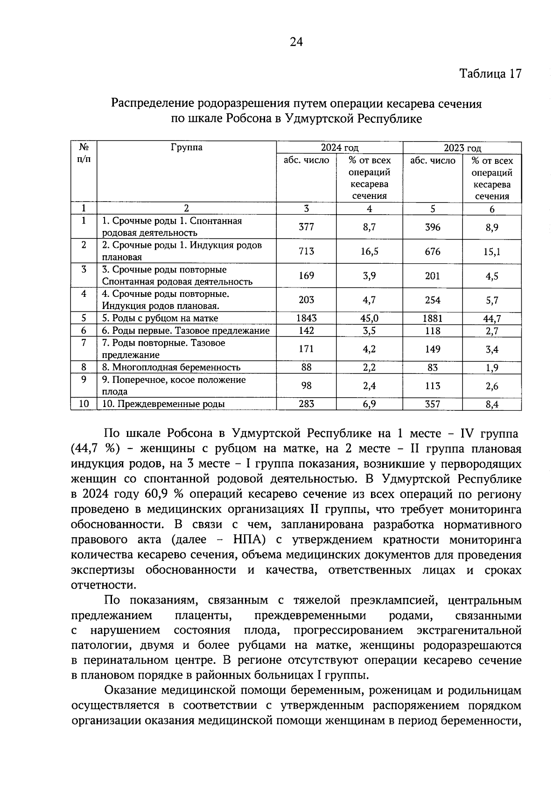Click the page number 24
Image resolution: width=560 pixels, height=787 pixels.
[296, 42]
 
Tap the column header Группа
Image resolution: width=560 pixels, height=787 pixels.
[187, 148]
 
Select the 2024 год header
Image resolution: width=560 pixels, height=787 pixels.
[339, 148]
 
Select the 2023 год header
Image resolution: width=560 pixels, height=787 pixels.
[462, 148]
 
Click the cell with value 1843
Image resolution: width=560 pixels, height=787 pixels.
[306, 318]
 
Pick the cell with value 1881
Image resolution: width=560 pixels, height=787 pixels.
[433, 318]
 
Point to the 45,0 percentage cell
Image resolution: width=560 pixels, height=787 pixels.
[369, 318]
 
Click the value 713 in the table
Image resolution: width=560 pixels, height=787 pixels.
[306, 252]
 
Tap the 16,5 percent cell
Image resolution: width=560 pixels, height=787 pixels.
[369, 252]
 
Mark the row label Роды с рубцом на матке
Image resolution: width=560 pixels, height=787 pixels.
[160, 318]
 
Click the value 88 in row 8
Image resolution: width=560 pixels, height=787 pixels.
[306, 367]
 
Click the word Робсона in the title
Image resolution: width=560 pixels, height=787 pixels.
[247, 119]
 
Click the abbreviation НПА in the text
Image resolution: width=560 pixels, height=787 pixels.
[249, 540]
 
